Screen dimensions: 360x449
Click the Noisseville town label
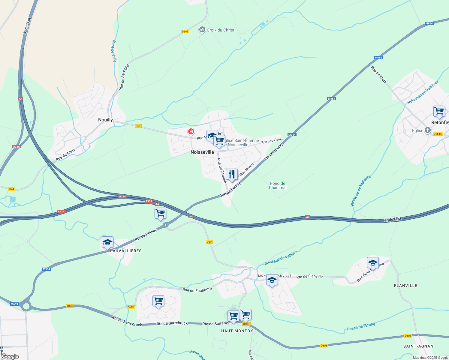pyautogui.click(x=202, y=152)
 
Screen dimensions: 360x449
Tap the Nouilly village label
pyautogui.click(x=105, y=120)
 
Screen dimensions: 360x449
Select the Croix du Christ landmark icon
pyautogui.click(x=202, y=30)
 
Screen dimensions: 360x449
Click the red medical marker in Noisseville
pyautogui.click(x=191, y=132)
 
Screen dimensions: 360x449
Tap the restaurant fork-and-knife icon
pyautogui.click(x=232, y=174)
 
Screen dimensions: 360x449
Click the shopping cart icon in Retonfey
pyautogui.click(x=439, y=111)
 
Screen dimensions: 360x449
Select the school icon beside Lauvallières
pyautogui.click(x=107, y=242)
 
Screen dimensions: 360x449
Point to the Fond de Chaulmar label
pyautogui.click(x=278, y=185)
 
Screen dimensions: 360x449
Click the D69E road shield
pyautogui.click(x=185, y=31)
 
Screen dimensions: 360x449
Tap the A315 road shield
pyautogui.click(x=16, y=147)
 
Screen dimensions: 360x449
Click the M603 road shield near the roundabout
pyautogui.click(x=14, y=304)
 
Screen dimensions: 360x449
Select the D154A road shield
pyautogui.click(x=438, y=134)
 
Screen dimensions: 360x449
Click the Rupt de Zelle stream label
pyautogui.click(x=114, y=51)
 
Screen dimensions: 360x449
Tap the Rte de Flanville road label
pyautogui.click(x=309, y=277)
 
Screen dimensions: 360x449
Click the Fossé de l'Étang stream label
pyautogui.click(x=361, y=327)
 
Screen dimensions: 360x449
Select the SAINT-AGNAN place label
pyautogui.click(x=418, y=346)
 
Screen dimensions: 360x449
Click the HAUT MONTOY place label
pyautogui.click(x=237, y=331)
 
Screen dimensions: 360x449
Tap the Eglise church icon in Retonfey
pyautogui.click(x=427, y=130)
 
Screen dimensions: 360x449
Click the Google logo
pyautogui.click(x=10, y=356)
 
